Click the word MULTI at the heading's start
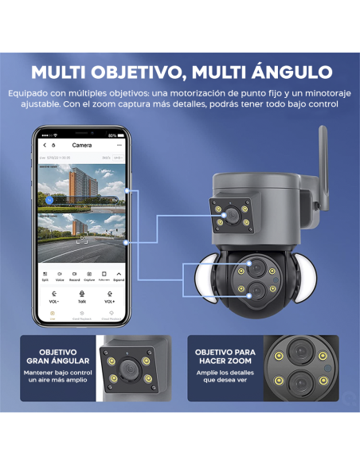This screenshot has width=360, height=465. [63, 72]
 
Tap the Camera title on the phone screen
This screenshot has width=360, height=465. [82, 146]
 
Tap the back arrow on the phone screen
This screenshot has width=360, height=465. [45, 146]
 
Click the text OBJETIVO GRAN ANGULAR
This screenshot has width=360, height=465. [57, 356]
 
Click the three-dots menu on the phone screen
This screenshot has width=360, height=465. [119, 146]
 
